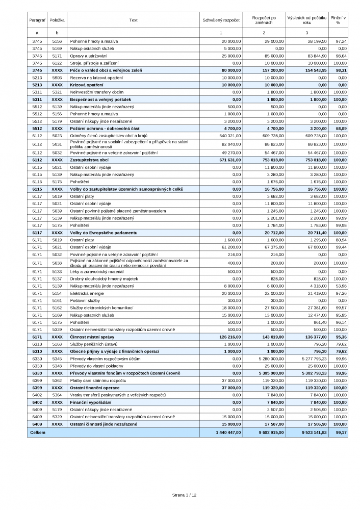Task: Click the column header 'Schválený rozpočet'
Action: click(x=221, y=20)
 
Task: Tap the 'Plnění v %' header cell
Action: click(x=338, y=20)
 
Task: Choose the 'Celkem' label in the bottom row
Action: click(x=39, y=432)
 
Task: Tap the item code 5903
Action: click(x=56, y=77)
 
